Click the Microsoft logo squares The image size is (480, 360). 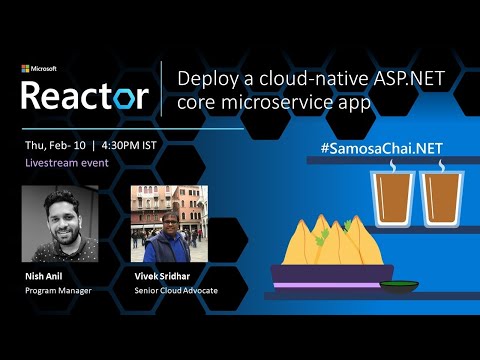tap(25, 69)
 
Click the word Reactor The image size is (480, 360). tap(85, 95)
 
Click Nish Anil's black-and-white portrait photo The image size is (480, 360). tap(63, 224)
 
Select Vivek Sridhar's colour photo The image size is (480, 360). tap(169, 224)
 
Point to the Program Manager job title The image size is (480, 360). tap(59, 291)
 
